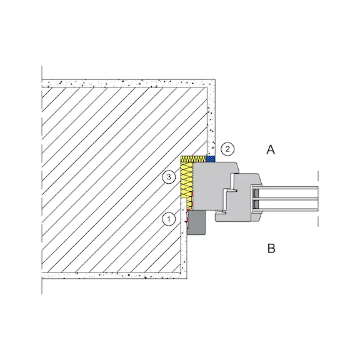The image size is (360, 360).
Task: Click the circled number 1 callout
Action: point(169,219)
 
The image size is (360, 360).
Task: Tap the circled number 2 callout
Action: point(227,149)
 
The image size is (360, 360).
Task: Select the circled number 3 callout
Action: point(169,177)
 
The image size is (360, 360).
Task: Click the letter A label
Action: point(271,150)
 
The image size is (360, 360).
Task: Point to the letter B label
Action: point(271,248)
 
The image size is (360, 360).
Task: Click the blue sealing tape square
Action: point(211,159)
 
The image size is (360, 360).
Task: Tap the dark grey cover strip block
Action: point(196,222)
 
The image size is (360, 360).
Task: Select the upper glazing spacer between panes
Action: point(256,193)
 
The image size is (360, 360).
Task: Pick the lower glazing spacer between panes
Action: point(256,204)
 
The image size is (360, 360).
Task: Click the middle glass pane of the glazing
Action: point(286,199)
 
